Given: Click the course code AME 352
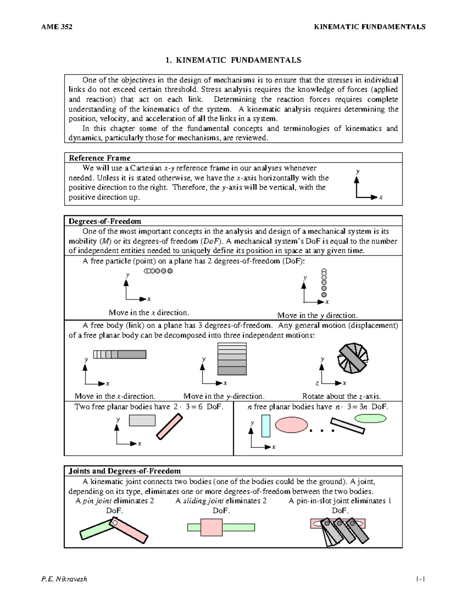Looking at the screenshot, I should (56, 27).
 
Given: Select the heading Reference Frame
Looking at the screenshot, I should (100, 158).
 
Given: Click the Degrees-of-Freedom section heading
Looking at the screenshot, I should (105, 221).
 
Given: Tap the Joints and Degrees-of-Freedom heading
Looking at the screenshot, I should (125, 471).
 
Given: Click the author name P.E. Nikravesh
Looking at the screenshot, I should (64, 579).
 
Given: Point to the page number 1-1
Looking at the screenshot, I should (420, 579).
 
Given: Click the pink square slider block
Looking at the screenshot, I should (211, 527).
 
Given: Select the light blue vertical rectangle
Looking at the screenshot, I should (266, 426).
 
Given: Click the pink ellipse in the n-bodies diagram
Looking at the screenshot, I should (292, 425).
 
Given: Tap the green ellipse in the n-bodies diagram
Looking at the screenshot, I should (370, 418).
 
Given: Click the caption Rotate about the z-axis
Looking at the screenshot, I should (341, 396).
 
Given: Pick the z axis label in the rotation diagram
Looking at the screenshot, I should (317, 383).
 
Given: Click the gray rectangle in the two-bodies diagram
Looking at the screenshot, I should (142, 420).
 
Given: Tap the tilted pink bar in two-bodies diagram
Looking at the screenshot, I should (169, 427).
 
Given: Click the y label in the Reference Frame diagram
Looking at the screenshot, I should (358, 171).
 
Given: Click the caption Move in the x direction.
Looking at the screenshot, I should (149, 312).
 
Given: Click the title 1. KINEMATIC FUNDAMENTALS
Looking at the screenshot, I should (233, 60).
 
